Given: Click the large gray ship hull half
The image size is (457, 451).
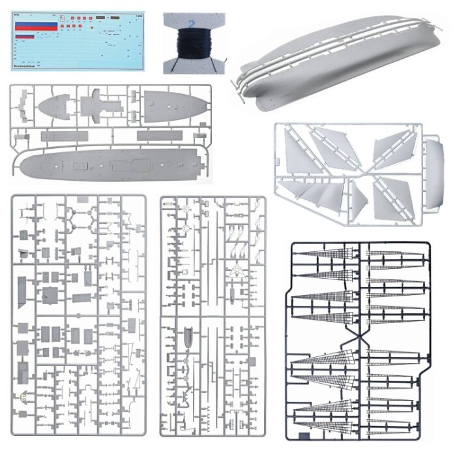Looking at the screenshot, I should [339, 59].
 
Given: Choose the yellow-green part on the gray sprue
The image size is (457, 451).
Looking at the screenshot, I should [23, 396].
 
